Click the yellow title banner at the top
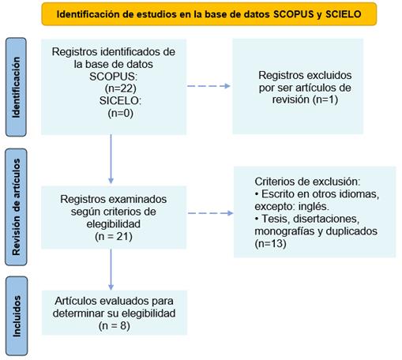coord(209,14)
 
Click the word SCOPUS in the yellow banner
coord(294,14)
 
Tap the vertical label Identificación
coord(16,87)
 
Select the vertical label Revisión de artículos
coord(17,207)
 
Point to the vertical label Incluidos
coord(17,316)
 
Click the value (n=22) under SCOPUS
coord(121,88)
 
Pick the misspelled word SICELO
coord(120,101)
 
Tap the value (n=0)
coord(121,113)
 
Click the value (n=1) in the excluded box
coord(325,99)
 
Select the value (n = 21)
coord(114,236)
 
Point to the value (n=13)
coord(270,243)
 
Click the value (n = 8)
coord(115,326)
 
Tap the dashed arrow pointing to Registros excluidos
coord(209,86)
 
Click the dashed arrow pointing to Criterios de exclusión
coord(211,213)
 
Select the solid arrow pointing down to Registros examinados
coord(111,159)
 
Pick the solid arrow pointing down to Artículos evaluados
coord(111,270)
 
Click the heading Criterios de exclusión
coord(307,182)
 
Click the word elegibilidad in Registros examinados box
coord(114,224)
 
